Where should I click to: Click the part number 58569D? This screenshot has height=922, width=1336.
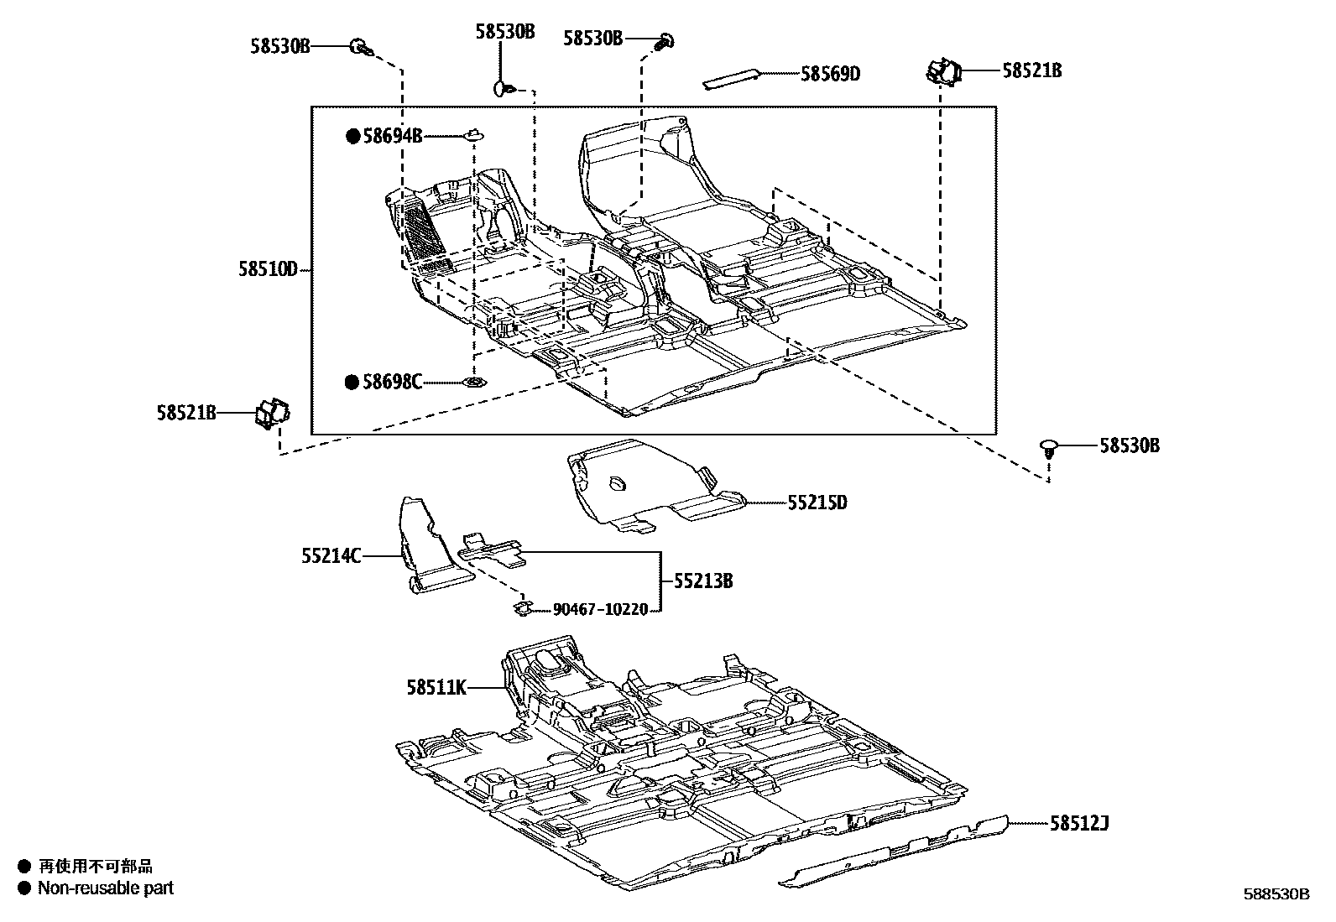pos(830,74)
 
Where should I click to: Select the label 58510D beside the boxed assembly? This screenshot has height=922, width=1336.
pos(268,269)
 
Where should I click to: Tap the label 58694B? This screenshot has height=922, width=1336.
pos(392,136)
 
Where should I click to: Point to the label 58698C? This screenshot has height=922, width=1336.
pos(392,383)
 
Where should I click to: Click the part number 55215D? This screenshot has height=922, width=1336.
pos(817,503)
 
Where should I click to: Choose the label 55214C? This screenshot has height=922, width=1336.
pos(331,555)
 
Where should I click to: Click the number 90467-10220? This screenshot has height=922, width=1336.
pos(600,610)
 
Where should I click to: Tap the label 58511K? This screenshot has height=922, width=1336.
pos(436,687)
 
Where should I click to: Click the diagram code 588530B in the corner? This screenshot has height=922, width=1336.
pos(1276,894)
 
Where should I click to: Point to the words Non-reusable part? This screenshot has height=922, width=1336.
pos(105,888)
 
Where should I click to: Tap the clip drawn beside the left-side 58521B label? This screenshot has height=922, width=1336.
pos(271,413)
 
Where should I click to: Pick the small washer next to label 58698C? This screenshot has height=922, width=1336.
pos(474,383)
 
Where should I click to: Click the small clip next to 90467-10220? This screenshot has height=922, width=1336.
pos(521,607)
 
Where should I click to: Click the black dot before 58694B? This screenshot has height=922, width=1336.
pos(353,136)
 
